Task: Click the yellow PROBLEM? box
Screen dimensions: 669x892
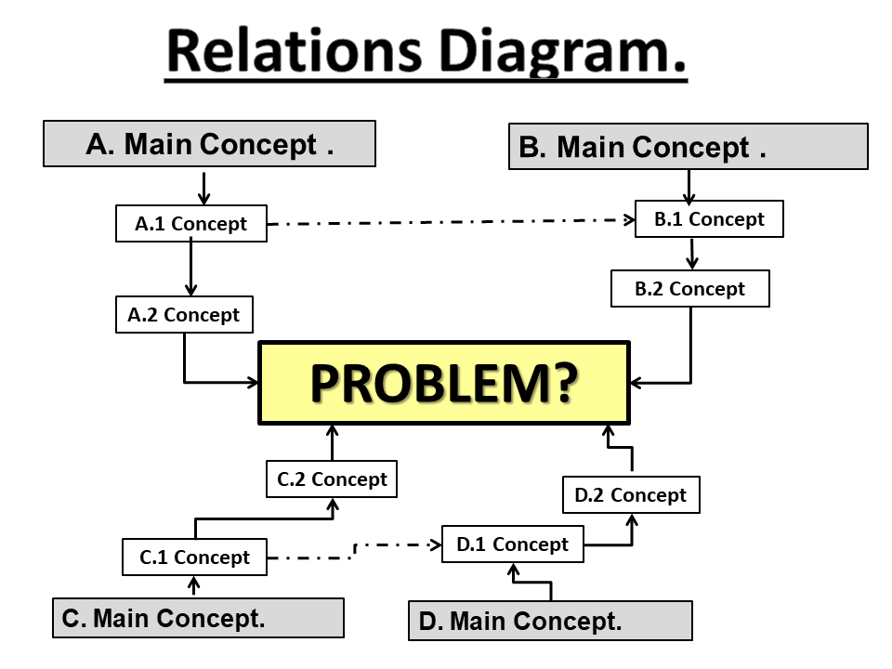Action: (444, 383)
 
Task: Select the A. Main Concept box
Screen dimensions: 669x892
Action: (209, 144)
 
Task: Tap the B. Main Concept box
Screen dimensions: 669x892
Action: (688, 147)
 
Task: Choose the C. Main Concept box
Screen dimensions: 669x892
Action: (198, 618)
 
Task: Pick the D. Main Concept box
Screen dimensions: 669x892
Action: (550, 621)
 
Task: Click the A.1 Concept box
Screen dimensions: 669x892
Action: (191, 224)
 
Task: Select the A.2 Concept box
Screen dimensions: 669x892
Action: (184, 315)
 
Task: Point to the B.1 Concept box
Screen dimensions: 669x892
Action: (709, 219)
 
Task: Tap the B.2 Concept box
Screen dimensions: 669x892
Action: (690, 288)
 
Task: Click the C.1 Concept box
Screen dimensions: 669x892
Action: (195, 557)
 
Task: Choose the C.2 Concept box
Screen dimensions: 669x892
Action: (332, 479)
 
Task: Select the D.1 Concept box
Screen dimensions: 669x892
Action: (512, 544)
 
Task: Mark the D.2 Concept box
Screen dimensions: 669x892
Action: (631, 495)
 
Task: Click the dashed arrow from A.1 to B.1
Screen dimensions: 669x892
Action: (451, 222)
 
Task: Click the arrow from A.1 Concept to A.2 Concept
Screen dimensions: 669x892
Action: (190, 269)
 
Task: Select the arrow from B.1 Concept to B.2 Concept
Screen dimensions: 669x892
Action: (690, 253)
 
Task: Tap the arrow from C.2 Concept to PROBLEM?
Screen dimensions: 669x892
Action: (333, 442)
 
